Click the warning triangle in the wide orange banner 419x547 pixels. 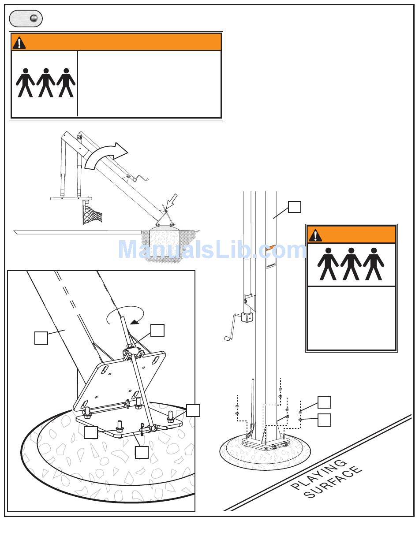(19, 43)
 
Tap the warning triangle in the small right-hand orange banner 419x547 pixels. (315, 235)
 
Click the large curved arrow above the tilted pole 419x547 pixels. (106, 156)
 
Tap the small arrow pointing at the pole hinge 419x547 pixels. (171, 201)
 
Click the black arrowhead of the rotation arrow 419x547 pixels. (135, 322)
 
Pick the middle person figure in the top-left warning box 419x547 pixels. (45, 82)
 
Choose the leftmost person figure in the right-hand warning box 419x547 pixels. (328, 264)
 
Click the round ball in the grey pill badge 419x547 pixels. (34, 19)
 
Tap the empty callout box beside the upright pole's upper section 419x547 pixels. (294, 207)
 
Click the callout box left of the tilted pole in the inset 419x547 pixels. (41, 338)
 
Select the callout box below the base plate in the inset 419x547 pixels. (142, 452)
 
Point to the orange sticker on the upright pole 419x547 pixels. (271, 247)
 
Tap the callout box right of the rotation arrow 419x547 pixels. (157, 331)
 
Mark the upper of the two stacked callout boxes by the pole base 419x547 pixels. (324, 402)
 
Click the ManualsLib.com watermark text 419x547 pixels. (212, 249)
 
